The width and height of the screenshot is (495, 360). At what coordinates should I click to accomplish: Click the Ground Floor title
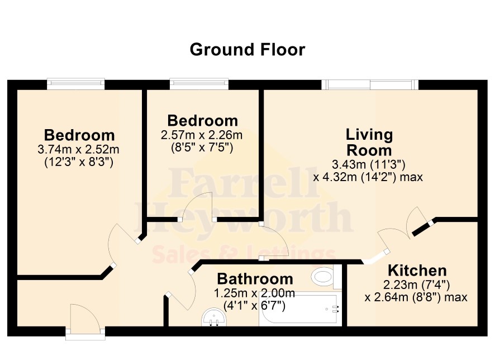(247, 50)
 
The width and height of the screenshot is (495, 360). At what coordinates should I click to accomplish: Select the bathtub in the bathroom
(300, 309)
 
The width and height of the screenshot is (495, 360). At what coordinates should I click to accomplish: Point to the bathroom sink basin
(214, 317)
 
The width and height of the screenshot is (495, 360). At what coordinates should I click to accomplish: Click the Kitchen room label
(417, 271)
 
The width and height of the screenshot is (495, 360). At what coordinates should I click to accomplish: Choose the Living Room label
(369, 142)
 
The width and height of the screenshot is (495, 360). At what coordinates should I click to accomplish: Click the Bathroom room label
(255, 279)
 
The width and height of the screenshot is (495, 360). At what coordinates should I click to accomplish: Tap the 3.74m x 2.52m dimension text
(78, 149)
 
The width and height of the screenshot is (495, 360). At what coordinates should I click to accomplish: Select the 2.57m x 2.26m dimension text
(202, 135)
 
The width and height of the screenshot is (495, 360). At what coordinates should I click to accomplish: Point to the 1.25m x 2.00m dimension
(254, 293)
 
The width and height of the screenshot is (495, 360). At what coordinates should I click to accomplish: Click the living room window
(370, 84)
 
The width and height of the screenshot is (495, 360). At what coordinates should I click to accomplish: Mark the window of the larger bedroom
(76, 84)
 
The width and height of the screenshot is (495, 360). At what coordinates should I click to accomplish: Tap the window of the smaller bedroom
(199, 84)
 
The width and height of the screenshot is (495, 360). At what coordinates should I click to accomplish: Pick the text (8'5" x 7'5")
(202, 148)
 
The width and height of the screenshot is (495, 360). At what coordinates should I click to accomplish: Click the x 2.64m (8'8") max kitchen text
(416, 297)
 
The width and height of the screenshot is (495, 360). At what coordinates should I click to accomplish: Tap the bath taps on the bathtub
(335, 309)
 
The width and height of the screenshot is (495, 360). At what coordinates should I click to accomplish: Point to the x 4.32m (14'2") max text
(368, 177)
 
